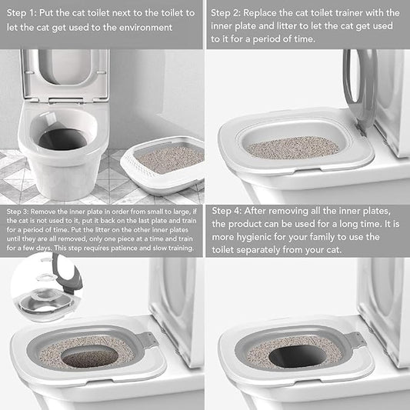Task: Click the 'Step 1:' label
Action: point(22,13)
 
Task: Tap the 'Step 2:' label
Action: point(228,13)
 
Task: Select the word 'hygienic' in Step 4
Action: point(262,237)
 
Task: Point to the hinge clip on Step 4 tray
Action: point(355,340)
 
